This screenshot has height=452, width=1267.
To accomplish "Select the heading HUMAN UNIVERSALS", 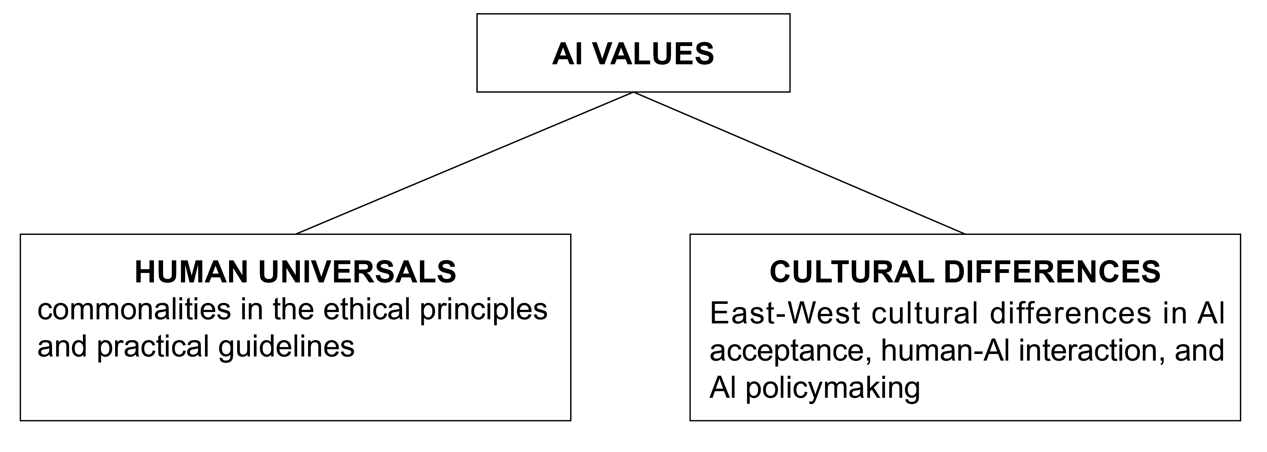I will point(295,272).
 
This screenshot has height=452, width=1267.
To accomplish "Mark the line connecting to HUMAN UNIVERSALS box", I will point(465,163).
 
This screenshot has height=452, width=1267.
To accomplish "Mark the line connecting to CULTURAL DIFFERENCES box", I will point(799,163).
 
